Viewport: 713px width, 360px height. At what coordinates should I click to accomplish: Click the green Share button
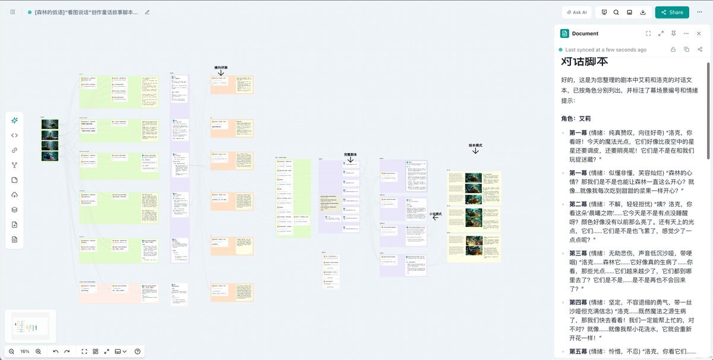click(x=671, y=12)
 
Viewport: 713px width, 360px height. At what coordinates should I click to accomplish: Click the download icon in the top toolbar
click(x=643, y=12)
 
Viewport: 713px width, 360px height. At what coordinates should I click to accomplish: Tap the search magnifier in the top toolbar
click(x=616, y=12)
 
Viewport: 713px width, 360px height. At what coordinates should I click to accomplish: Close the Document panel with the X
click(x=699, y=34)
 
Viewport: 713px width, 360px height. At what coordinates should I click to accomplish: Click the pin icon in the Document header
click(x=673, y=34)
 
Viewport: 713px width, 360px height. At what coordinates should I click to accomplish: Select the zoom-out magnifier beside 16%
click(x=11, y=351)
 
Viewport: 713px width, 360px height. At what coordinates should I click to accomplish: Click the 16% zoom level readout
click(x=25, y=351)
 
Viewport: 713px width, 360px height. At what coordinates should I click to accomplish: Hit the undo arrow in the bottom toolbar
click(x=56, y=351)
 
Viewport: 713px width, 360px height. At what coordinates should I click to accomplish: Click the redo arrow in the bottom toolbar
click(x=67, y=351)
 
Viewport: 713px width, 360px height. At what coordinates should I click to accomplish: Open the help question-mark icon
click(x=138, y=351)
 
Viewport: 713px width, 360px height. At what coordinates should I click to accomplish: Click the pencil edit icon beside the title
click(x=147, y=12)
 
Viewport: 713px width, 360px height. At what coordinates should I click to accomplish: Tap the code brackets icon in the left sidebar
click(x=14, y=135)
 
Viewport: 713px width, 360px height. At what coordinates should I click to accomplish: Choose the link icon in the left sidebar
click(x=14, y=150)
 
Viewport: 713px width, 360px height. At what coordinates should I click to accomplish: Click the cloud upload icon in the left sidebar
click(x=14, y=195)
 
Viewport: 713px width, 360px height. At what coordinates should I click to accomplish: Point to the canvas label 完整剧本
click(x=351, y=154)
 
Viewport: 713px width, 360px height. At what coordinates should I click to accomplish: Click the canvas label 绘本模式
click(x=475, y=144)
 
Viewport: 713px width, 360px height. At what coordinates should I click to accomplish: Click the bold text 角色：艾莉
click(x=576, y=118)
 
